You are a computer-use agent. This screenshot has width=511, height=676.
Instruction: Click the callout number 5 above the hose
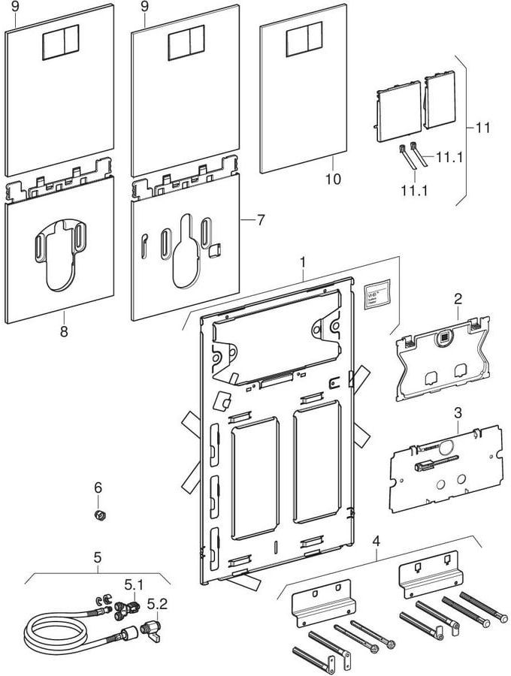(96, 559)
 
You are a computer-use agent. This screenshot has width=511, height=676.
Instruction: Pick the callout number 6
(98, 488)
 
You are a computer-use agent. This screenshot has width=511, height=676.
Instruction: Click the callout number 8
(63, 329)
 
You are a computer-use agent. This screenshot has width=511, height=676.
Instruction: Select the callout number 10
(332, 179)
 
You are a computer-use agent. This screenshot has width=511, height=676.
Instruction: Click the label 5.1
(133, 583)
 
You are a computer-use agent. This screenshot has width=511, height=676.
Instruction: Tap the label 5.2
(157, 603)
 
